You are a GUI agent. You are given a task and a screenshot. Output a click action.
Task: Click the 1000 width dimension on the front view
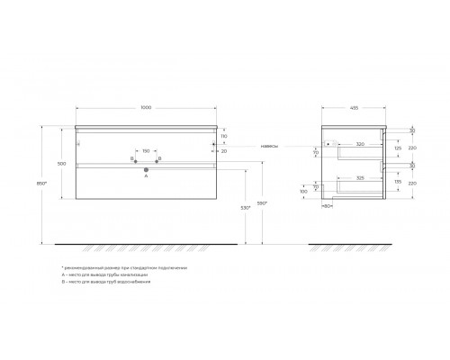click(147, 109)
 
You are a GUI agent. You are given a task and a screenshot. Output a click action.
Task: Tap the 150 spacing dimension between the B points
click(146, 150)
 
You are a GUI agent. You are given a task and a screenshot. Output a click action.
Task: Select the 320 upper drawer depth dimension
click(359, 143)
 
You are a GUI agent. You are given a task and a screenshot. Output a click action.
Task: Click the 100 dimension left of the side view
click(303, 192)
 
